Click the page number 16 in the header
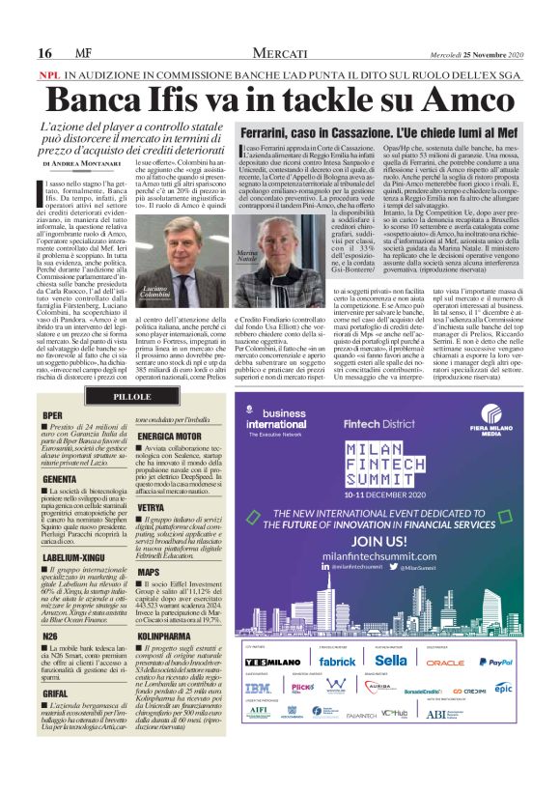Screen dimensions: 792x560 point(44,51)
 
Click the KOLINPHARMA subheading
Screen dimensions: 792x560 point(170,637)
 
